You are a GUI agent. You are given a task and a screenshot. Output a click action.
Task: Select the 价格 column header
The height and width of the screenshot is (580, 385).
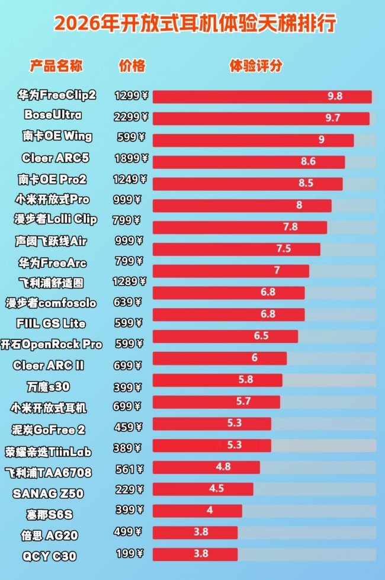click(x=131, y=65)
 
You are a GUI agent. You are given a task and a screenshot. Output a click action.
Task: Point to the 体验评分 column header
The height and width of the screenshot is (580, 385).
click(x=256, y=65)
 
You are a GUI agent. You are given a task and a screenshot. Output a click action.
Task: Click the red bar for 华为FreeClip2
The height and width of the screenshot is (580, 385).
click(x=262, y=97)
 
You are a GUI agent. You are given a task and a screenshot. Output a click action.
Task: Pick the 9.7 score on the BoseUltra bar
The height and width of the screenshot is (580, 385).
click(x=333, y=118)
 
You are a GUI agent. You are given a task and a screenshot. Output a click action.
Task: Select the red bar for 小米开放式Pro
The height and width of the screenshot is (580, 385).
click(x=242, y=205)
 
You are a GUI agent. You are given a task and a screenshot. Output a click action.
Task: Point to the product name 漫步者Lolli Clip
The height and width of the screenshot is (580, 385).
click(x=55, y=219)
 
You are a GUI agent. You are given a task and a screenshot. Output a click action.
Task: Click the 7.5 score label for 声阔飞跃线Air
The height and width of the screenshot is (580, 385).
click(x=284, y=248)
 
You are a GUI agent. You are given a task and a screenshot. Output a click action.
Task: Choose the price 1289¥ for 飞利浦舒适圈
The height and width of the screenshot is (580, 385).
click(x=130, y=281)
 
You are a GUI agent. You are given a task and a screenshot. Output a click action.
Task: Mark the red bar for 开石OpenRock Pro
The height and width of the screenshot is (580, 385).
click(x=225, y=337)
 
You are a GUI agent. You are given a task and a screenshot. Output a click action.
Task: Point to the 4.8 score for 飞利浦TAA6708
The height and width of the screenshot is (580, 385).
click(x=223, y=466)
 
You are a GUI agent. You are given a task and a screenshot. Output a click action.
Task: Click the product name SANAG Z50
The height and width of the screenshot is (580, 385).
click(x=48, y=493)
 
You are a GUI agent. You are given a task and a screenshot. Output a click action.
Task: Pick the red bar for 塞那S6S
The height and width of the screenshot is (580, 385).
click(x=197, y=510)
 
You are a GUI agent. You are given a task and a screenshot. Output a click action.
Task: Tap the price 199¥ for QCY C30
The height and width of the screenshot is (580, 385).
click(x=129, y=554)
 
